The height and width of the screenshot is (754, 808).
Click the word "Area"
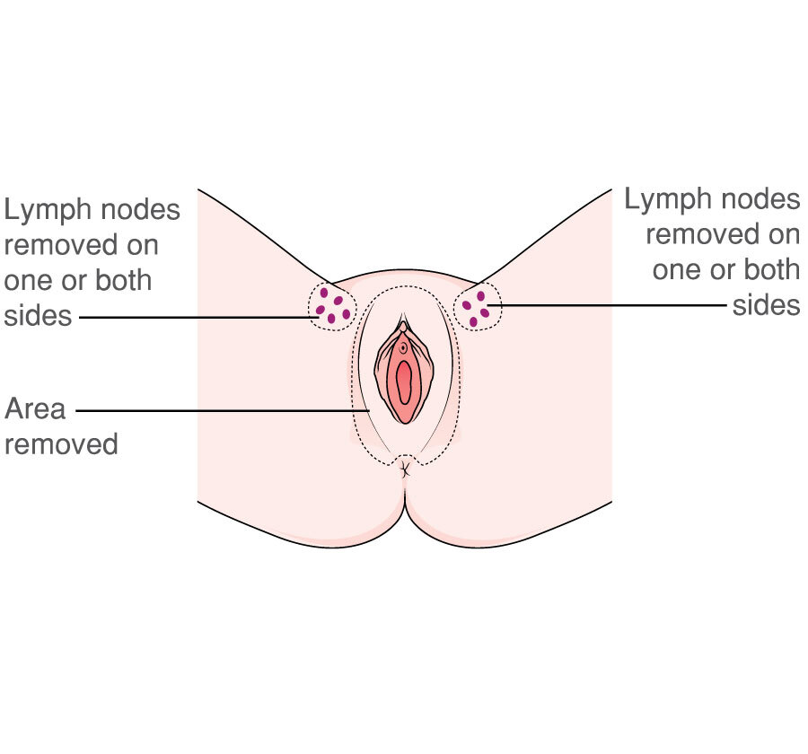(35, 409)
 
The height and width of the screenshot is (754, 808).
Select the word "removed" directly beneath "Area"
(61, 443)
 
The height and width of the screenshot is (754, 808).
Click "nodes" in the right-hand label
(760, 199)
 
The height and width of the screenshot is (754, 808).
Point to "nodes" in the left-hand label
(140, 211)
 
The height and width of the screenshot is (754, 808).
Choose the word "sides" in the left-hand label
(37, 316)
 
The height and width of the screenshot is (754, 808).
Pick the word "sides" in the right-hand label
(766, 305)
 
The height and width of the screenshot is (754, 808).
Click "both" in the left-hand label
(120, 281)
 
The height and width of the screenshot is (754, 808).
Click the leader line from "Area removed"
(224, 411)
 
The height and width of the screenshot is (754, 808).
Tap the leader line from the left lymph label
(198, 317)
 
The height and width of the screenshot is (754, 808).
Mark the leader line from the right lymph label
(610, 305)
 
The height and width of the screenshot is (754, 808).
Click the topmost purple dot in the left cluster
(324, 293)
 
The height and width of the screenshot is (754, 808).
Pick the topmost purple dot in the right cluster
(480, 296)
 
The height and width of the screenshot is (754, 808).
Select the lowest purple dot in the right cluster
(473, 321)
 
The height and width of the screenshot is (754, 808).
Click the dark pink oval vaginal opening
(404, 382)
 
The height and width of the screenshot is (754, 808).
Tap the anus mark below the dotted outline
(405, 467)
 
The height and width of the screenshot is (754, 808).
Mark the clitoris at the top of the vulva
(404, 327)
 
